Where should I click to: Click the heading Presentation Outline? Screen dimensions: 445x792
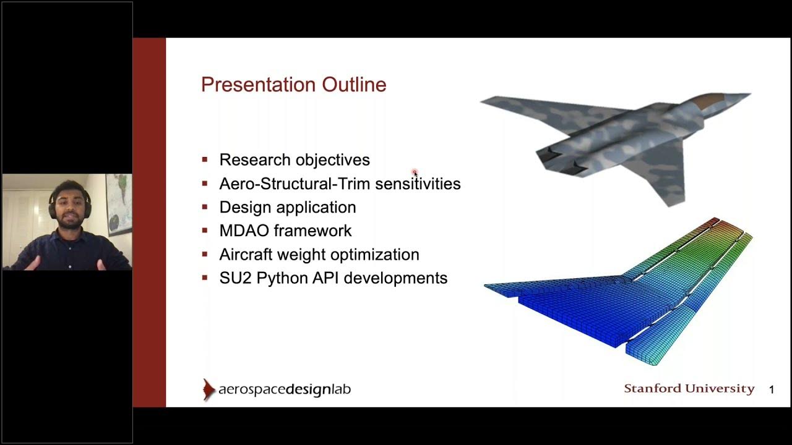(293, 85)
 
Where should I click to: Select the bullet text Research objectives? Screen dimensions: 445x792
(295, 160)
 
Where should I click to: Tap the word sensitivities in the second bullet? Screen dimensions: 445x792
(418, 184)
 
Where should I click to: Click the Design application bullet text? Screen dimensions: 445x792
(288, 208)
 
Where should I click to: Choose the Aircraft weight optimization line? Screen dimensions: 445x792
(319, 255)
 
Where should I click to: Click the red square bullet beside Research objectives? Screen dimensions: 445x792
(205, 160)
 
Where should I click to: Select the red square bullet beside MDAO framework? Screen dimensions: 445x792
(205, 231)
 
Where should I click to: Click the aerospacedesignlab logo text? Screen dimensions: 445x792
(285, 390)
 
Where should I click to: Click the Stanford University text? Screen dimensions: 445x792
(689, 389)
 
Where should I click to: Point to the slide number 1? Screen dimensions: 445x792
(772, 389)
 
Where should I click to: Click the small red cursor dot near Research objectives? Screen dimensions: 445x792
(415, 172)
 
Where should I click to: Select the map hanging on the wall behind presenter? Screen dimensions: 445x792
(118, 204)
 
